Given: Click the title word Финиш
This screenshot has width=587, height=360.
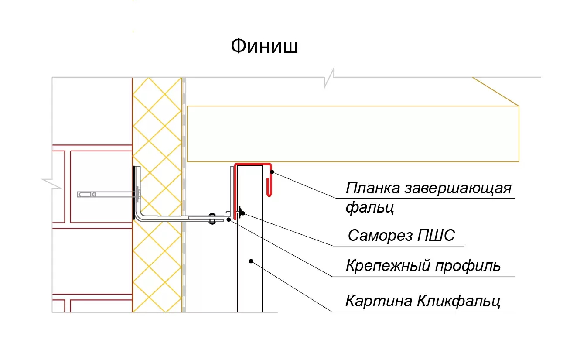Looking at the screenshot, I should pyautogui.click(x=264, y=46).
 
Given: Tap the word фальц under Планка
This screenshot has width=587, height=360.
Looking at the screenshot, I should pyautogui.click(x=370, y=207).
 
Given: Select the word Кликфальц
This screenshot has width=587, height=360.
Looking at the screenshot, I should pyautogui.click(x=458, y=301).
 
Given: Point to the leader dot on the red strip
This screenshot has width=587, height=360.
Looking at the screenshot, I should pyautogui.click(x=272, y=171).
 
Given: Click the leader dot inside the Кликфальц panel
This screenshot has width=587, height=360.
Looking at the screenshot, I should pyautogui.click(x=251, y=261).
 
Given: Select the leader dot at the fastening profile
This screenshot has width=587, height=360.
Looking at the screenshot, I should pyautogui.click(x=229, y=219).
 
